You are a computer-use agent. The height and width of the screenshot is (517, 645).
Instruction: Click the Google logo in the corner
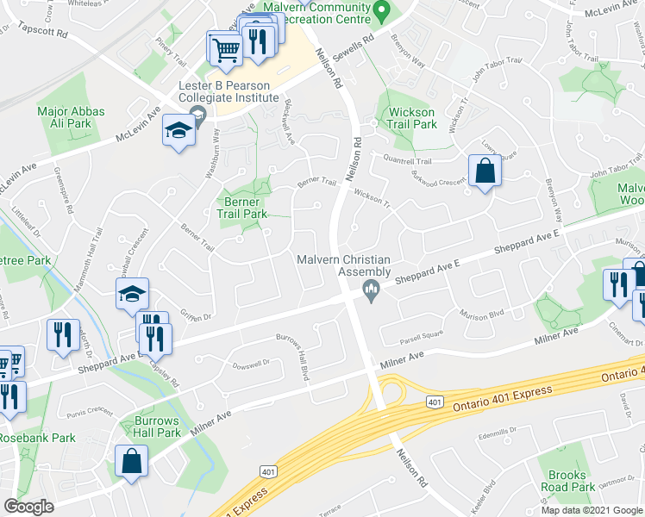tap(29, 507)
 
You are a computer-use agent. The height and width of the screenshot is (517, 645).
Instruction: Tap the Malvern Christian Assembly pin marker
tap(372, 288)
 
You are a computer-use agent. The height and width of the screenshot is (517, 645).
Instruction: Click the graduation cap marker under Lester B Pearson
tap(178, 132)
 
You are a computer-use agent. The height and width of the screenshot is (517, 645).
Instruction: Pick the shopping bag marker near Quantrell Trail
tap(485, 170)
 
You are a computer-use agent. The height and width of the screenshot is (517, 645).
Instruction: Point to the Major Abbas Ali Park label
tap(71, 117)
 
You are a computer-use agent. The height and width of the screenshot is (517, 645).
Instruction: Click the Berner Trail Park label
tap(242, 207)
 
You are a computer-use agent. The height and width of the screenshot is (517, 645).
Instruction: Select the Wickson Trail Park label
tap(412, 118)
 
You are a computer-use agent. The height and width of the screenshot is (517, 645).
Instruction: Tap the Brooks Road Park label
tap(567, 481)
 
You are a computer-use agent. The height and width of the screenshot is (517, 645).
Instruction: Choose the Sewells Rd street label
tap(354, 40)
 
